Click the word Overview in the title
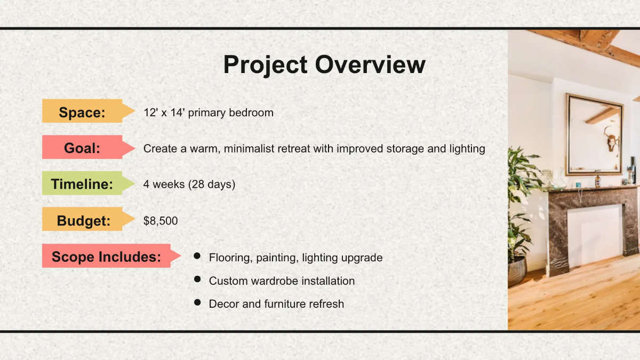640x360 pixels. [370, 65]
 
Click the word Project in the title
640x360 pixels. [265, 65]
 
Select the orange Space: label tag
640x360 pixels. [83, 113]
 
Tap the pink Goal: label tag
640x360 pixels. [83, 148]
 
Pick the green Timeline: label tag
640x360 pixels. [83, 185]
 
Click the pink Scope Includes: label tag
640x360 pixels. [107, 257]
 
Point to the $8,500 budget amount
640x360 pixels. [161, 221]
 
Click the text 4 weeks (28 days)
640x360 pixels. [189, 185]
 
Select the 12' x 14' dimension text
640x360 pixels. [165, 113]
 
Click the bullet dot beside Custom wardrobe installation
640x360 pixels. [197, 279]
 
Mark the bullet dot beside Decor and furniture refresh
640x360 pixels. [197, 302]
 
